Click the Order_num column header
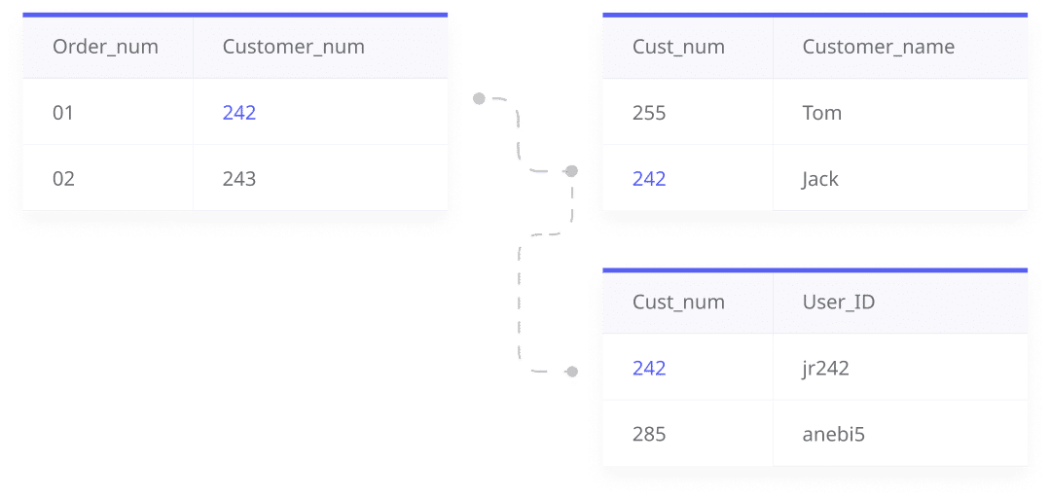pos(105,47)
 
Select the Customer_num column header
pos(293,47)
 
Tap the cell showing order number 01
pos(63,113)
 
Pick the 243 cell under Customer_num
pos(239,179)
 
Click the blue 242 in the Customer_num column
pos(239,113)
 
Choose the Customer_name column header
pos(878,47)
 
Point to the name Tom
pos(821,113)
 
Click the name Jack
pos(819,179)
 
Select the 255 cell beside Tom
pos(649,113)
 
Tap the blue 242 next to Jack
pos(649,179)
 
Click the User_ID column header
pos(838,302)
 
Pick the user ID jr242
pos(825,368)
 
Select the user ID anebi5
pos(833,434)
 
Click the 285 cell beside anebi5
pos(649,434)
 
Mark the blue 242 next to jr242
pos(649,368)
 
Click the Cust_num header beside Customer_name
pos(678,47)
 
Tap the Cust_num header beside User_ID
pos(678,302)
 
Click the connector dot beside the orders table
pos(479,99)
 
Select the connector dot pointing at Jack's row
pos(572,171)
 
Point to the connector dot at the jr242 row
pos(571,372)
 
